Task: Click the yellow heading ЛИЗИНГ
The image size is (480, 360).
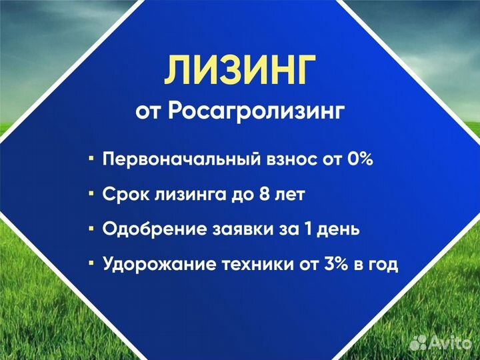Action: (x=240, y=71)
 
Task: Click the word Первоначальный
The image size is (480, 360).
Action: (x=173, y=160)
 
